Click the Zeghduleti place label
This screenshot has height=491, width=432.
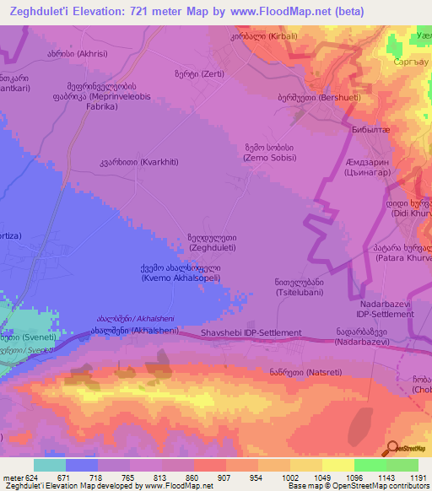click(x=212, y=243)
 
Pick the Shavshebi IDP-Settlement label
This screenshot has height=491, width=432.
click(x=251, y=333)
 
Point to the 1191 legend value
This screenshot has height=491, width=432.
click(x=416, y=477)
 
